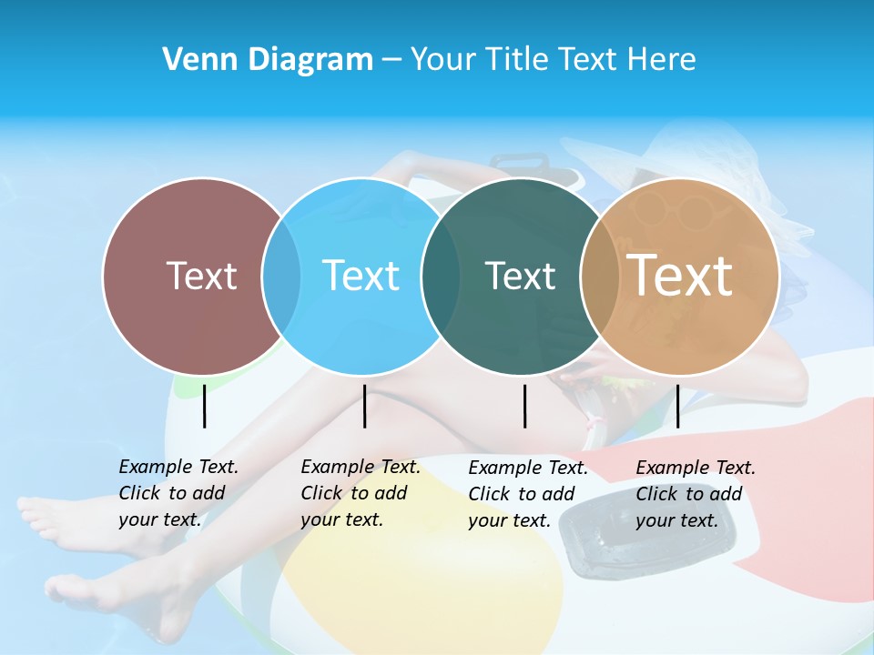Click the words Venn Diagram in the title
[268, 60]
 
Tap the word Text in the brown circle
[201, 276]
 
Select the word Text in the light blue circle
[361, 276]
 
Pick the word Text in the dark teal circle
[520, 276]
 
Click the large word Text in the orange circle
[679, 275]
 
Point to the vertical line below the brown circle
[204, 406]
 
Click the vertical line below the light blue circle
[364, 406]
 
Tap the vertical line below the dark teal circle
[524, 406]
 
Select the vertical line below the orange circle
[677, 406]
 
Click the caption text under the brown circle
[178, 493]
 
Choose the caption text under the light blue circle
[360, 493]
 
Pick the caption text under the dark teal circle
[527, 494]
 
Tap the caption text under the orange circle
[695, 494]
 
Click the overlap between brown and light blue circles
[281, 276]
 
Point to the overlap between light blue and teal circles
[441, 276]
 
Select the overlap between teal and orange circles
[599, 276]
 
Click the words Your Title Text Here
[553, 60]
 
